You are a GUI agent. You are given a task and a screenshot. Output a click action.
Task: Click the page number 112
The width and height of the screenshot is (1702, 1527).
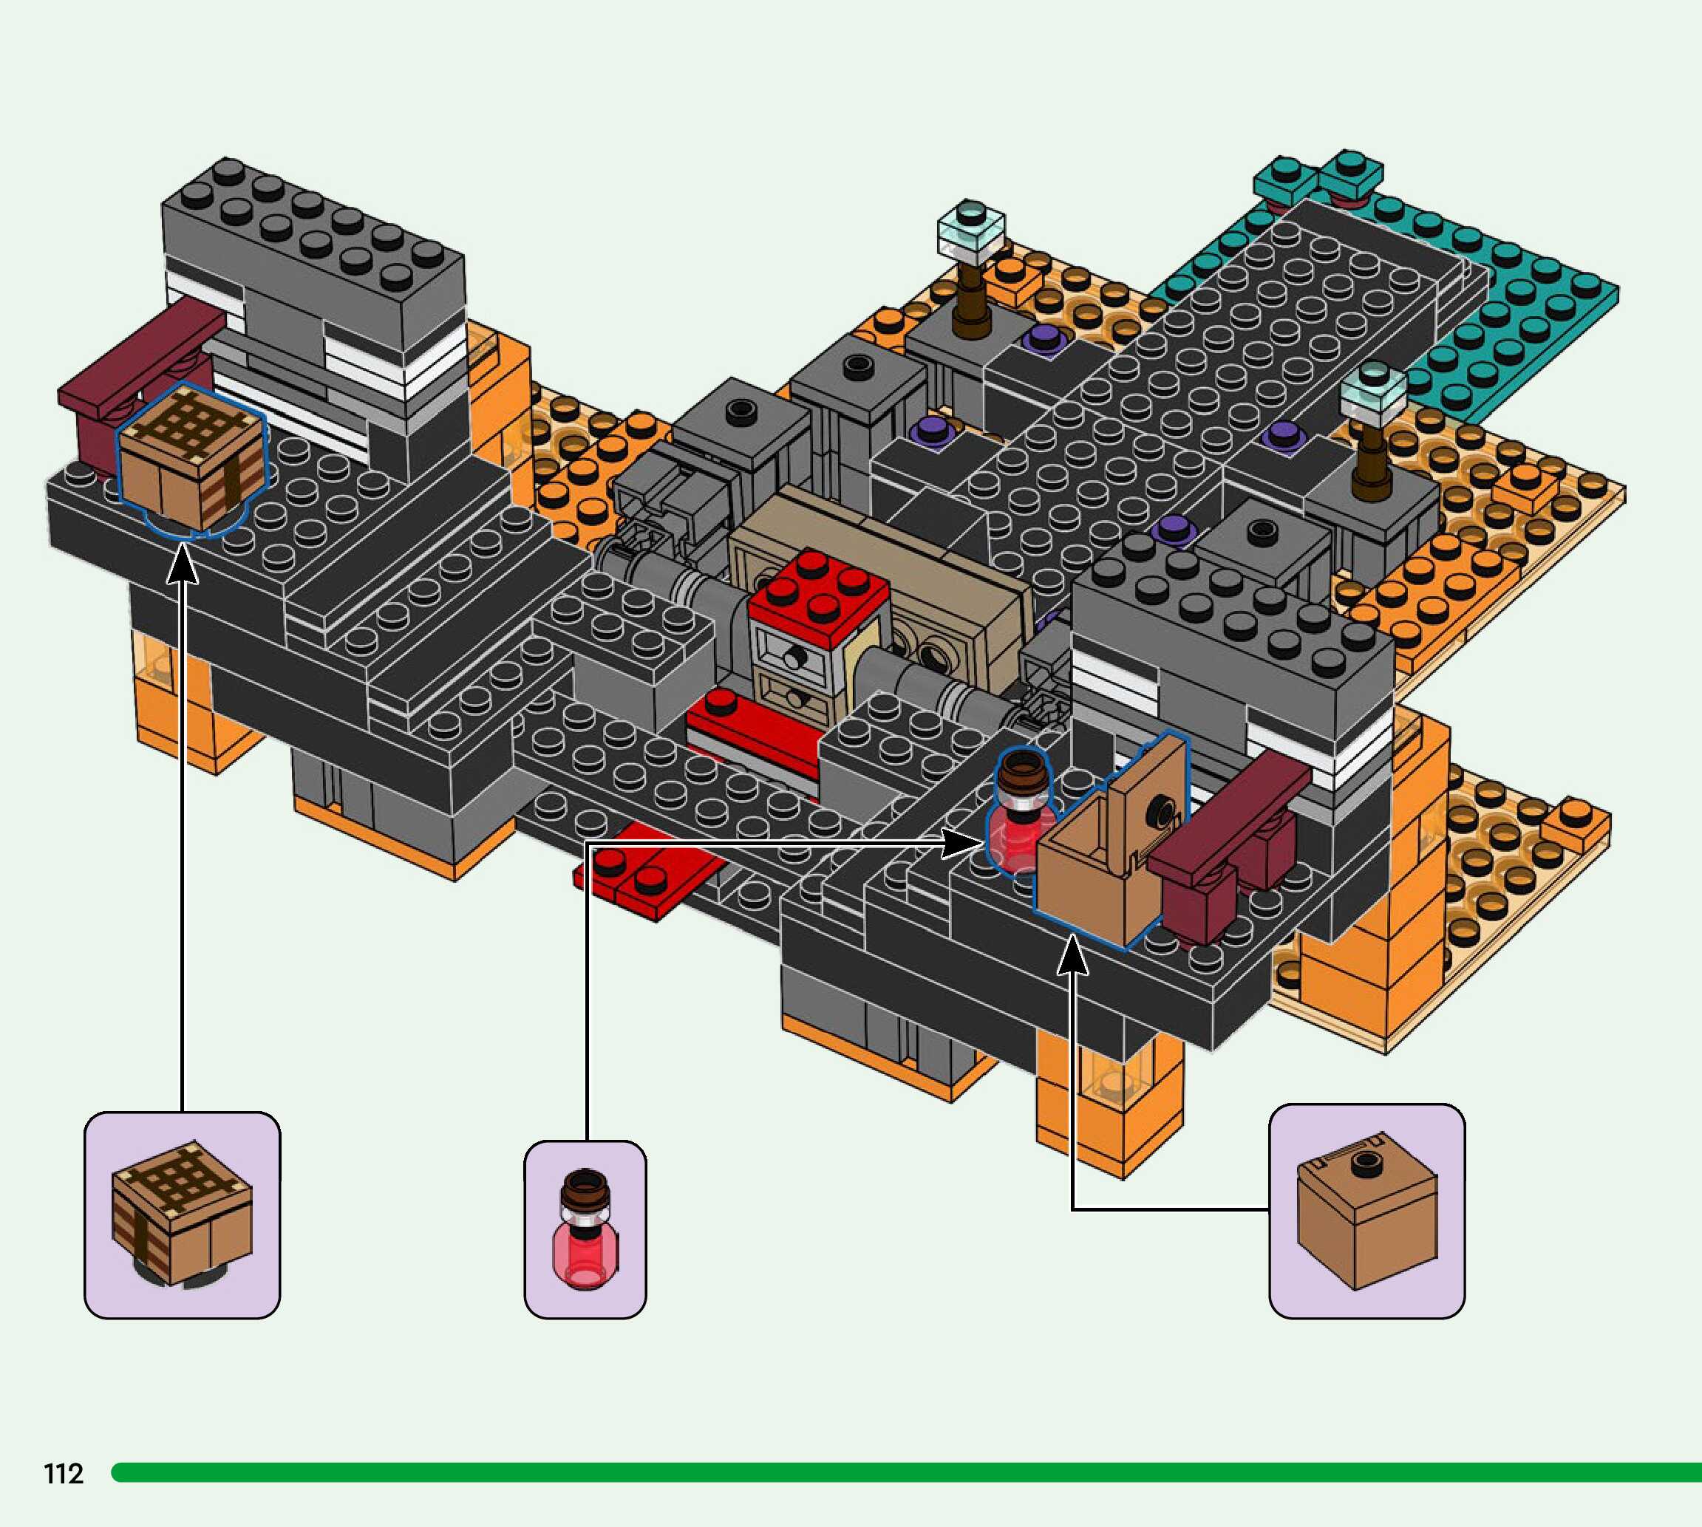64,1473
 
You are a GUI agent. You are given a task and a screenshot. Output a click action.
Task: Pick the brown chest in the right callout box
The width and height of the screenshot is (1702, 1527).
1366,1217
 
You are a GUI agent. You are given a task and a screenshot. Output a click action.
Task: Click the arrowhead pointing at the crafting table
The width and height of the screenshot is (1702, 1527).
182,563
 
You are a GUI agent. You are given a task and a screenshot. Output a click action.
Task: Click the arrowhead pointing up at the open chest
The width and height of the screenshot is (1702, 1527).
1072,957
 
